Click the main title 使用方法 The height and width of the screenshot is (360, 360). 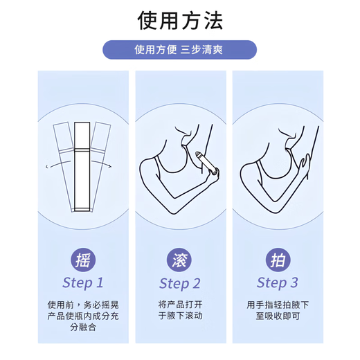click(x=180, y=21)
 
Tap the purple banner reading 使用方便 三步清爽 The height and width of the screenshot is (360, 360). click(x=180, y=50)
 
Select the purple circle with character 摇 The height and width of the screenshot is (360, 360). click(x=82, y=260)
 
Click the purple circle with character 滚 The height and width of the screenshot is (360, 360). click(x=179, y=260)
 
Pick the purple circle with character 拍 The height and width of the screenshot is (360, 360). click(x=277, y=260)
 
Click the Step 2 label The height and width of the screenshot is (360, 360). click(x=179, y=282)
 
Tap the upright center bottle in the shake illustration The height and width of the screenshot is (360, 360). click(x=82, y=166)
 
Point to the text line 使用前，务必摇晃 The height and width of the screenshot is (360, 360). click(x=82, y=304)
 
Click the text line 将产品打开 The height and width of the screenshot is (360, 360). click(x=179, y=304)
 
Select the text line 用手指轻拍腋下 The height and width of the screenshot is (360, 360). click(x=277, y=304)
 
